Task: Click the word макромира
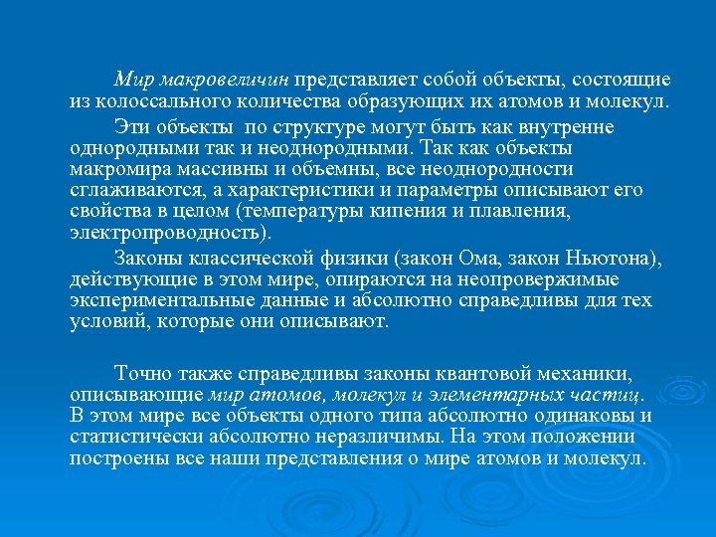click(119, 170)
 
